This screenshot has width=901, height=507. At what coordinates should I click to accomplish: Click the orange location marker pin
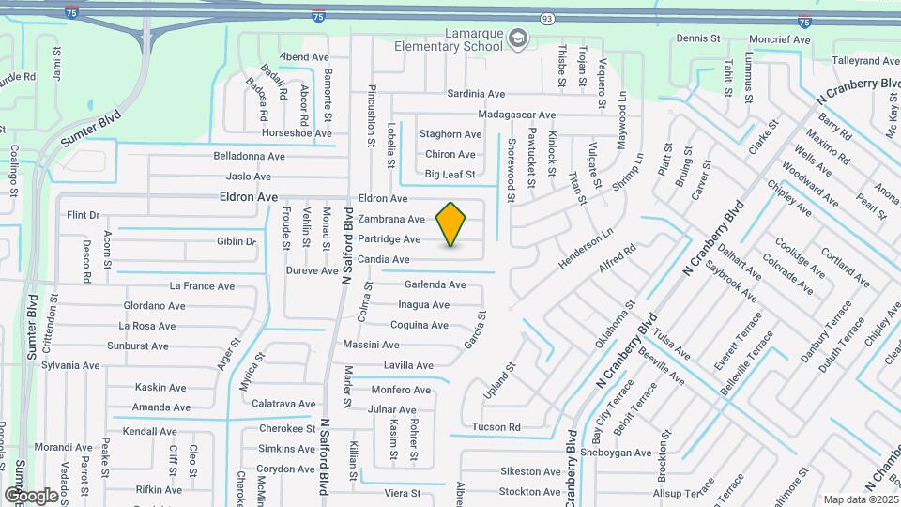451,224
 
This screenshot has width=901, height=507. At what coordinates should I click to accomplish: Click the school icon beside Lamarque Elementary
517,38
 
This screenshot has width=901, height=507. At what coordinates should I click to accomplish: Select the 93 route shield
547,19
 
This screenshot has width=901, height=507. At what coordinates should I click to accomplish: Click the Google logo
31,495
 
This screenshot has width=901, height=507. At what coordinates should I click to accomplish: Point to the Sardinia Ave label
476,94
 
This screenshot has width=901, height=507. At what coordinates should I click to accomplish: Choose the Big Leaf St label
450,174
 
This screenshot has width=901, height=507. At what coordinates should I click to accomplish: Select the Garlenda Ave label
435,284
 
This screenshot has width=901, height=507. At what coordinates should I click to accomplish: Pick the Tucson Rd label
496,427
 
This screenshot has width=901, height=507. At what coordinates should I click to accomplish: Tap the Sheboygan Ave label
615,453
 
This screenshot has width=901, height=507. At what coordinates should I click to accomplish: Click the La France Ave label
200,285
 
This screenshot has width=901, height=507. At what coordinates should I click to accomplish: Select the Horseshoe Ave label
297,133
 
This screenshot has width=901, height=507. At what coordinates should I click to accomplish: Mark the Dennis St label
697,39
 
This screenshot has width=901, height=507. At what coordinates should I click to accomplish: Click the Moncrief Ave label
779,40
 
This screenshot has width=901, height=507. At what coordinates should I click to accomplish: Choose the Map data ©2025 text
861,499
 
